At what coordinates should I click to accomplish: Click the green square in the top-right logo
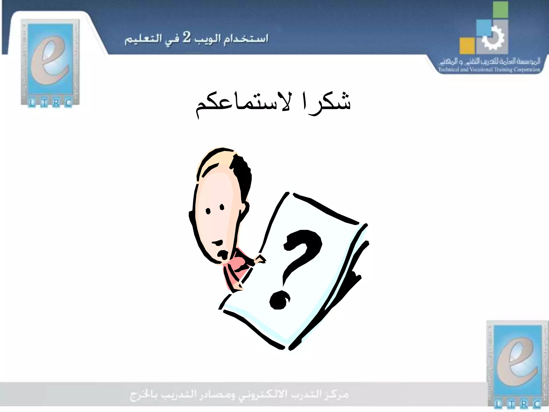click(x=500, y=10)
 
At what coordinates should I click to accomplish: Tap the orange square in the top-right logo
click(x=467, y=46)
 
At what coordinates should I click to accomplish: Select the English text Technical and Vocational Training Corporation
click(x=489, y=70)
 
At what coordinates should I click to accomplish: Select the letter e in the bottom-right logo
click(x=517, y=362)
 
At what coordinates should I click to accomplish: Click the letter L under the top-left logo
click(x=32, y=103)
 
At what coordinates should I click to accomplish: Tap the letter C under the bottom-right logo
click(x=537, y=404)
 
